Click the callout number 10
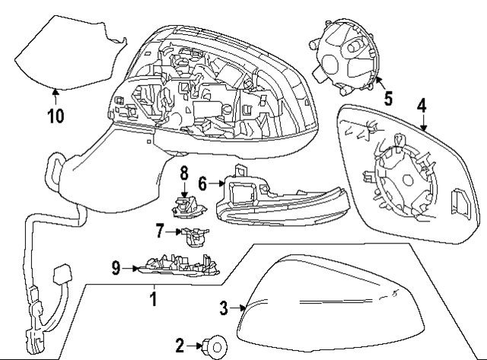point(56,116)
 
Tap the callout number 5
point(388,98)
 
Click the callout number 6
point(202,183)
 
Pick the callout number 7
point(159,228)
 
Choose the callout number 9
point(116,267)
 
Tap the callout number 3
point(224,308)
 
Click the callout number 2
point(180,346)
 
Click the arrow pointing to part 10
point(55,94)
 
